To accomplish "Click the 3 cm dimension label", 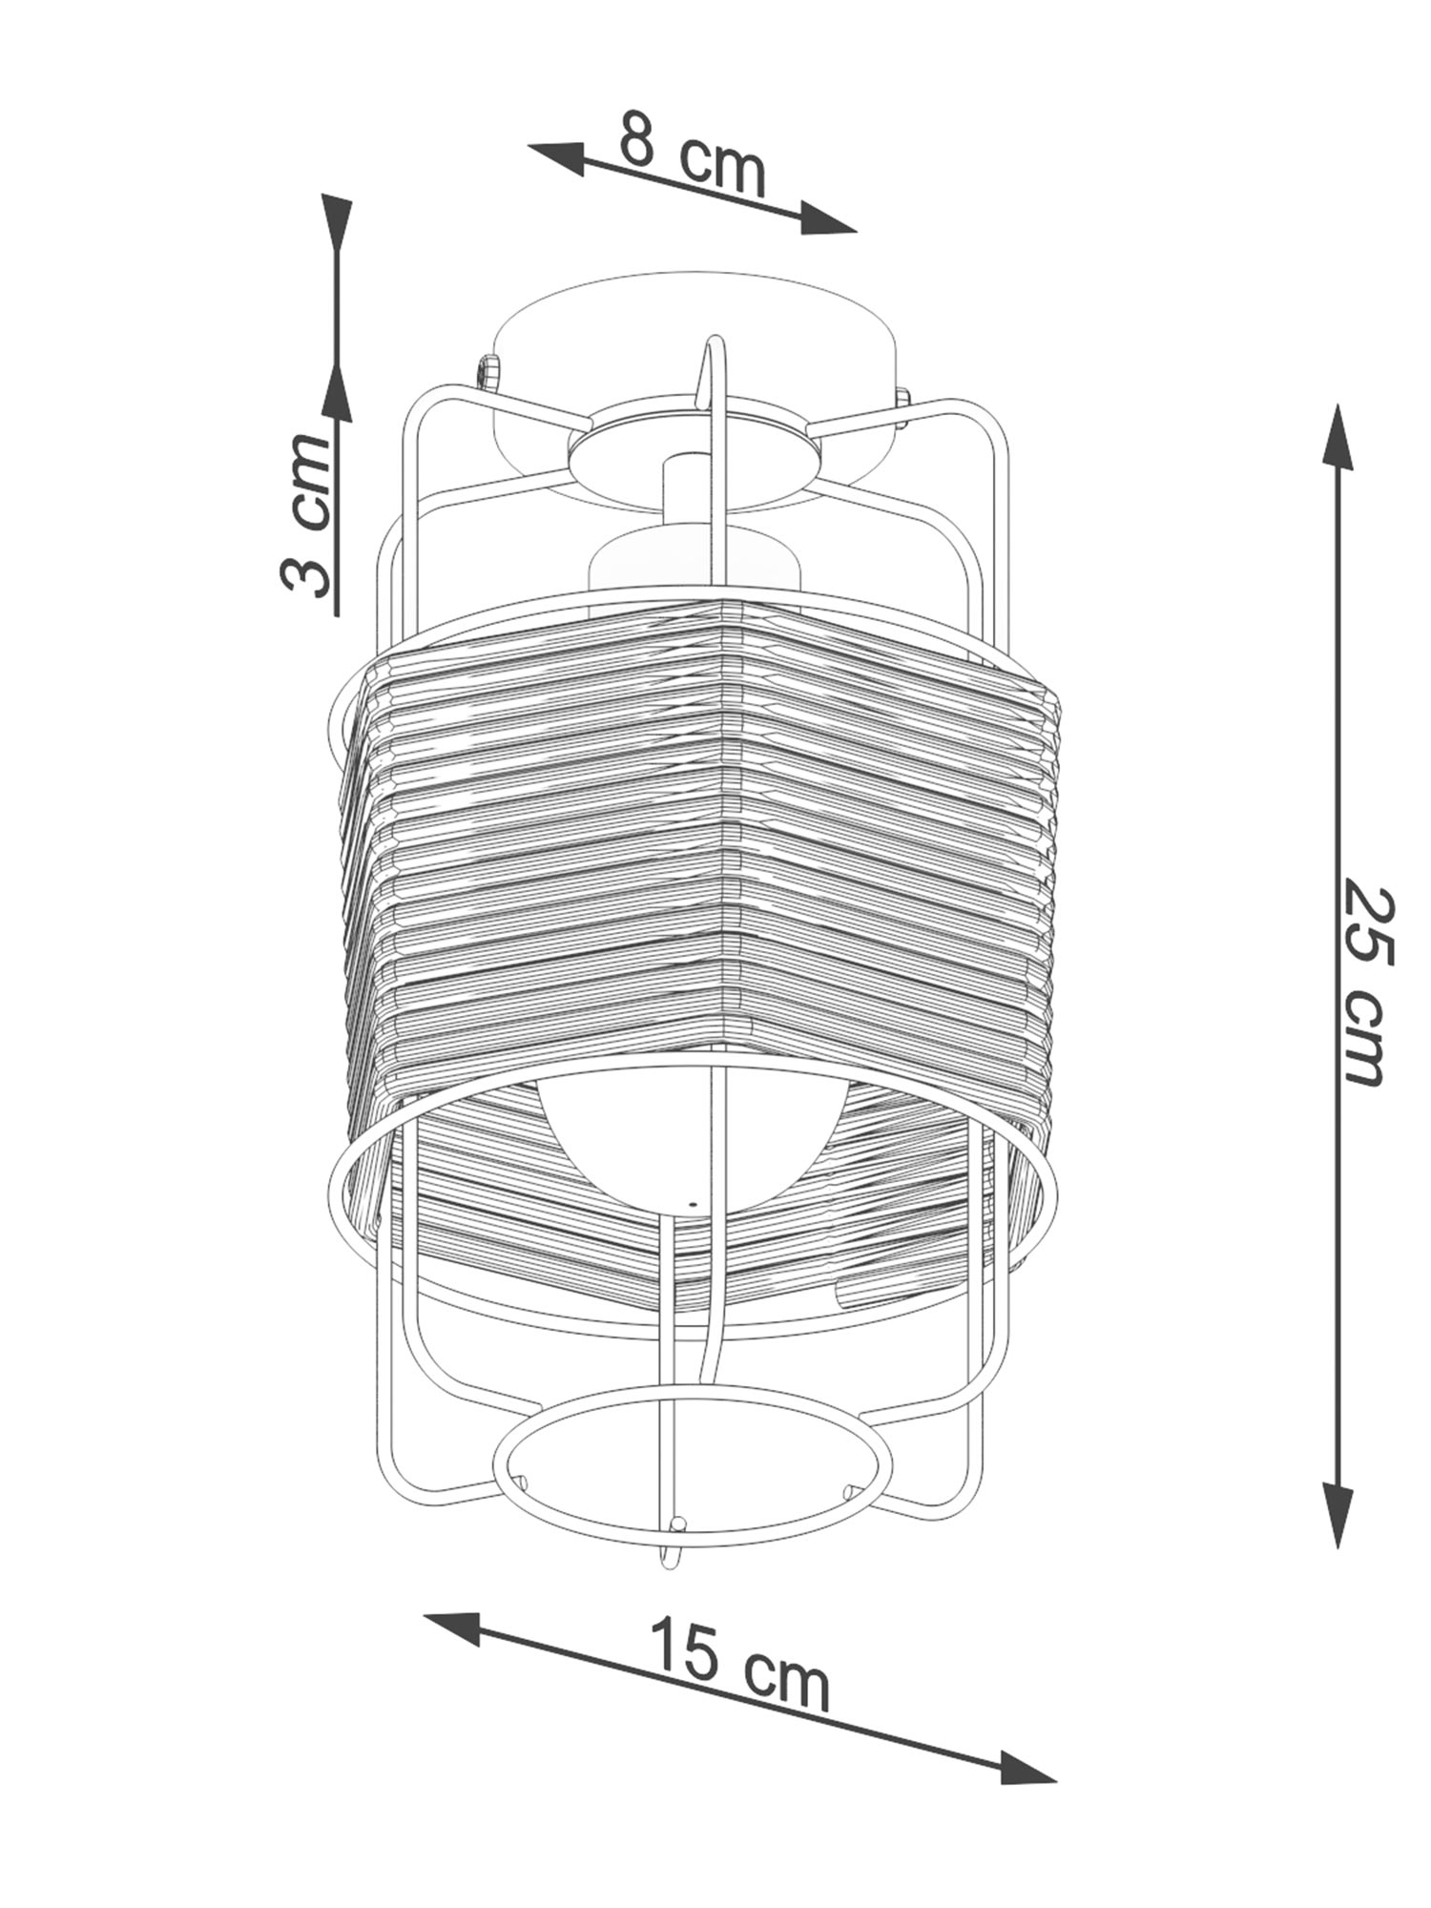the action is click(308, 514).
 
